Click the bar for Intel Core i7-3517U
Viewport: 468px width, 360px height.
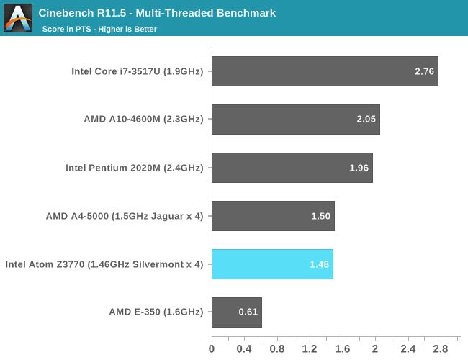pos(324,71)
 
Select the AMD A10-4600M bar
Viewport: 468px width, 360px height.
pos(295,120)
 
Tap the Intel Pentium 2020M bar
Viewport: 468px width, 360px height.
pos(292,168)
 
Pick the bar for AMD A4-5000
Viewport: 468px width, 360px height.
pos(273,216)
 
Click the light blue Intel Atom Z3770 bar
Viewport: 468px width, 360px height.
pos(272,264)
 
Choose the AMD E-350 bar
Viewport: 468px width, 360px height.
pos(236,312)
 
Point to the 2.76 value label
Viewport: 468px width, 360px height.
pos(425,71)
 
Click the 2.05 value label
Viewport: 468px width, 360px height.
pos(366,120)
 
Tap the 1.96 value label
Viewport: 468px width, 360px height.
pos(359,168)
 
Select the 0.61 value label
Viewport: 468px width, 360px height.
pos(248,312)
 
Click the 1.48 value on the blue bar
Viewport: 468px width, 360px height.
pos(320,264)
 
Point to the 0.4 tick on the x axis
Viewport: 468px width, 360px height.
pos(244,348)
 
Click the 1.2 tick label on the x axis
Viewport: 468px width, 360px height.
pos(310,348)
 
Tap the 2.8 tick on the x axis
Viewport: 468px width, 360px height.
pos(441,348)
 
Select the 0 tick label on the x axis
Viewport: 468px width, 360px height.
pos(212,348)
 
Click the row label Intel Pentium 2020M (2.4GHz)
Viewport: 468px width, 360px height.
pos(135,168)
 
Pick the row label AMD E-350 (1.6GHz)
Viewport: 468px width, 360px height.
pos(156,312)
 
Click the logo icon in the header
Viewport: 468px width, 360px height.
pos(18,18)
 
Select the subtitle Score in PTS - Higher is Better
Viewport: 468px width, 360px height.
pos(99,29)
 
